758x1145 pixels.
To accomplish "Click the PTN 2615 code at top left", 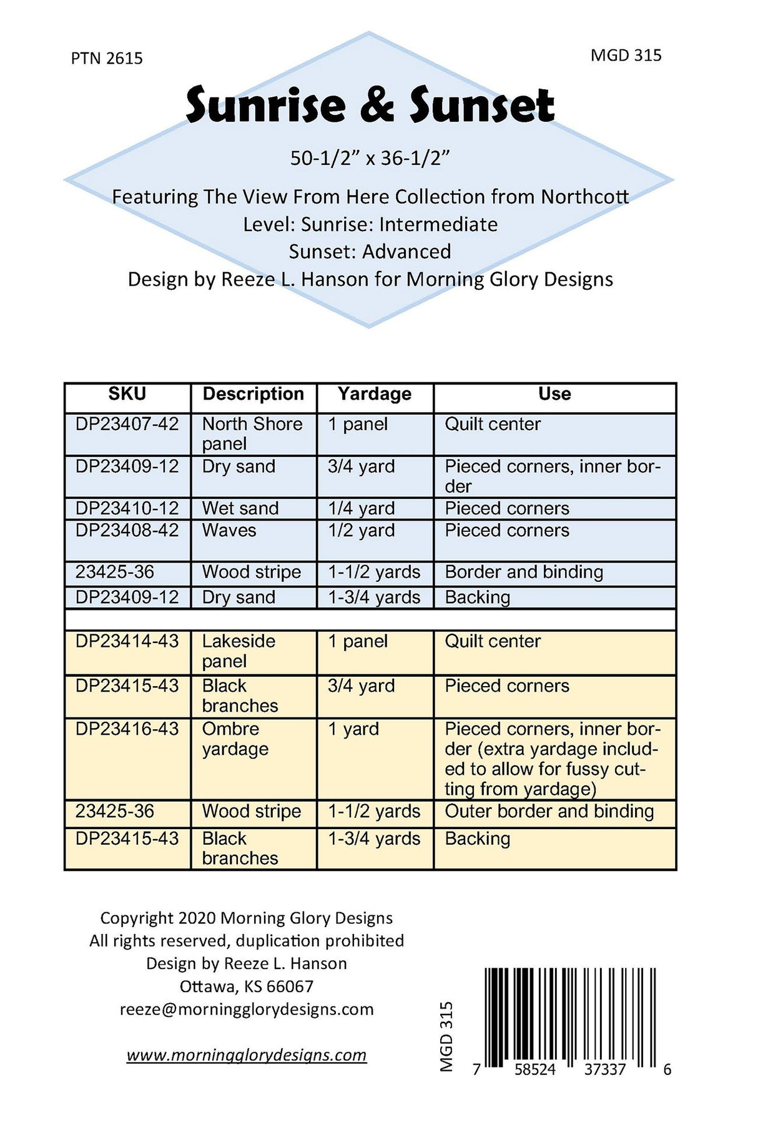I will [x=107, y=59].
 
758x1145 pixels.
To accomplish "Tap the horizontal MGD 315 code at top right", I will [x=626, y=56].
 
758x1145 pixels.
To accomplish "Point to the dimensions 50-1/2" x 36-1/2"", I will [x=370, y=159].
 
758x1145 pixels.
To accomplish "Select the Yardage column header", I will [x=375, y=394].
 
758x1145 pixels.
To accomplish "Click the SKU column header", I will [x=127, y=394].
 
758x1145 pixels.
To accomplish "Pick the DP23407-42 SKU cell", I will [x=127, y=425].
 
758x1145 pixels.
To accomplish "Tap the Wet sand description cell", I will [x=240, y=508].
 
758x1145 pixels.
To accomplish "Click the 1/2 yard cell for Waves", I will [x=362, y=531].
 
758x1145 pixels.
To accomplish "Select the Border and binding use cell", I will [x=524, y=572].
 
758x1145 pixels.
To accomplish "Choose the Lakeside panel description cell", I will [x=239, y=651].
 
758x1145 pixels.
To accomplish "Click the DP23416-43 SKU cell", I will [x=127, y=729].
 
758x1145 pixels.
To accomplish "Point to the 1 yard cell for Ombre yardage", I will [x=354, y=729].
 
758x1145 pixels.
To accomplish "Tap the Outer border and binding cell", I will [x=549, y=812].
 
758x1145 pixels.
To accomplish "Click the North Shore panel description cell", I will [x=252, y=433].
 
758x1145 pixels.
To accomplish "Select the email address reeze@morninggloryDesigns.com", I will [x=247, y=1010].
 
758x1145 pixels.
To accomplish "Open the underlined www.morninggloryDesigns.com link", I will [x=247, y=1055].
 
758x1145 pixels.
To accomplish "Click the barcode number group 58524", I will [x=535, y=1070].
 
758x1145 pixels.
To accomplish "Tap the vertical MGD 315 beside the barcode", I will [x=446, y=1037].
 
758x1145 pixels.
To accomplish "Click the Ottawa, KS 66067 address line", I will [x=247, y=986].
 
